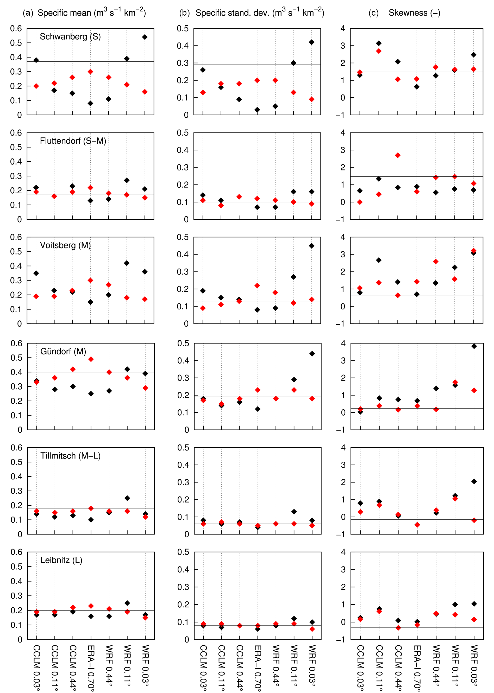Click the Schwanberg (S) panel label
pyautogui.click(x=70, y=37)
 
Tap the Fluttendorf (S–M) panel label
pyautogui.click(x=73, y=141)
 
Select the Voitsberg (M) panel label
pyautogui.click(x=65, y=245)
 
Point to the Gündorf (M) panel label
pyautogui.click(x=63, y=351)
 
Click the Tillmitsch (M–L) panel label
pyautogui.click(x=70, y=456)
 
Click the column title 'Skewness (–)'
pyautogui.click(x=414, y=13)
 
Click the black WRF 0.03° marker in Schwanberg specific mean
pyautogui.click(x=145, y=37)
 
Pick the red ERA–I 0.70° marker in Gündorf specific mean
pyautogui.click(x=91, y=359)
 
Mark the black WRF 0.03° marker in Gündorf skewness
pyautogui.click(x=474, y=346)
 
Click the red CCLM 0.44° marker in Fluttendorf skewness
pyautogui.click(x=398, y=155)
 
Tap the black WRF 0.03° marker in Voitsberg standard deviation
pyautogui.click(x=311, y=246)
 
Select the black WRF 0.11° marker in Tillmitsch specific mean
pyautogui.click(x=127, y=498)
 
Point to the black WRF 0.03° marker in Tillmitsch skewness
pyautogui.click(x=474, y=481)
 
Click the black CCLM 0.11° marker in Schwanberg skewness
pyautogui.click(x=379, y=43)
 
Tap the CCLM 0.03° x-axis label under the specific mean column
pyautogui.click(x=36, y=667)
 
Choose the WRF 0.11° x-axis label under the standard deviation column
pyautogui.click(x=294, y=666)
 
